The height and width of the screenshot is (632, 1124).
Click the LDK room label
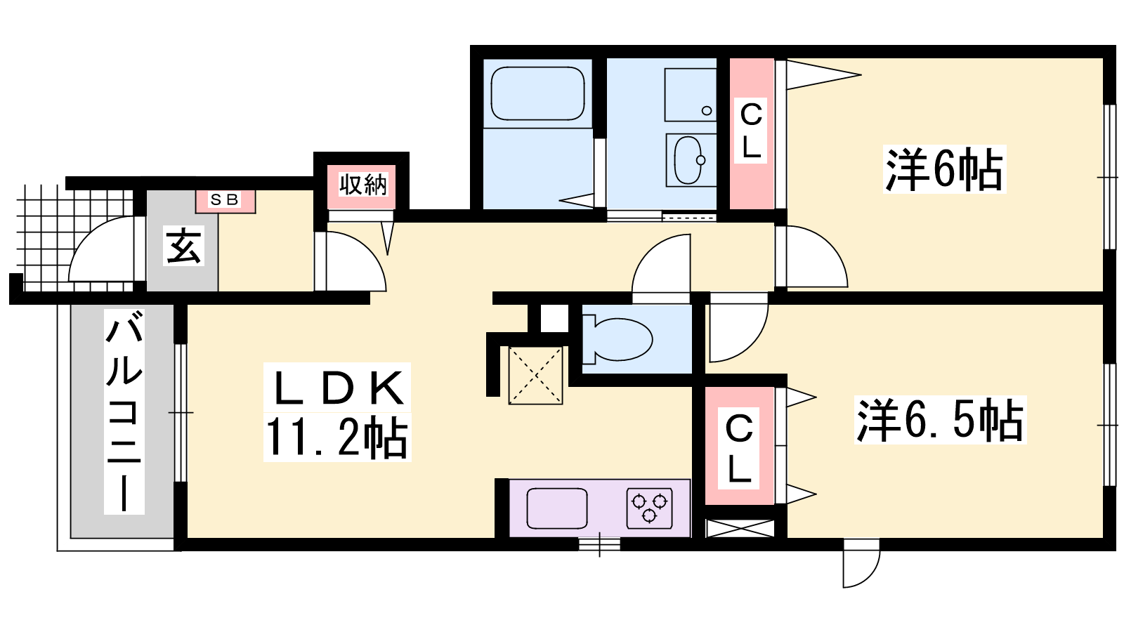tap(337, 388)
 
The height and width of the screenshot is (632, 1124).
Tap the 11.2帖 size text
tap(336, 437)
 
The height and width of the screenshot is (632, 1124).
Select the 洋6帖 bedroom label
tap(944, 169)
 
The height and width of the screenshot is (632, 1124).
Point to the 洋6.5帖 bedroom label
tap(940, 420)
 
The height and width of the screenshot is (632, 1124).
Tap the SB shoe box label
tap(224, 199)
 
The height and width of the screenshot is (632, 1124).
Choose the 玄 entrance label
tap(184, 245)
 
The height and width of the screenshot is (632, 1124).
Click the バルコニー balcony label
tap(124, 412)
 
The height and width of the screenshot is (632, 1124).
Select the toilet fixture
tap(617, 338)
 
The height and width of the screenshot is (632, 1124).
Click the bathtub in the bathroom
tap(537, 94)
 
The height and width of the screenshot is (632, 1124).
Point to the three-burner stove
tap(649, 508)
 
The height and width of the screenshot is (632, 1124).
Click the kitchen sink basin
tap(557, 508)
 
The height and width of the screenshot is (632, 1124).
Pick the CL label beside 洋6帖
tap(751, 131)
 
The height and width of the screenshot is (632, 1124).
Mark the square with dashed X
tap(535, 375)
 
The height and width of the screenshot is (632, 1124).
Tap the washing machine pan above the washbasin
tap(691, 95)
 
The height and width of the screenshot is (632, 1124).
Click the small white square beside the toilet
tap(554, 318)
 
